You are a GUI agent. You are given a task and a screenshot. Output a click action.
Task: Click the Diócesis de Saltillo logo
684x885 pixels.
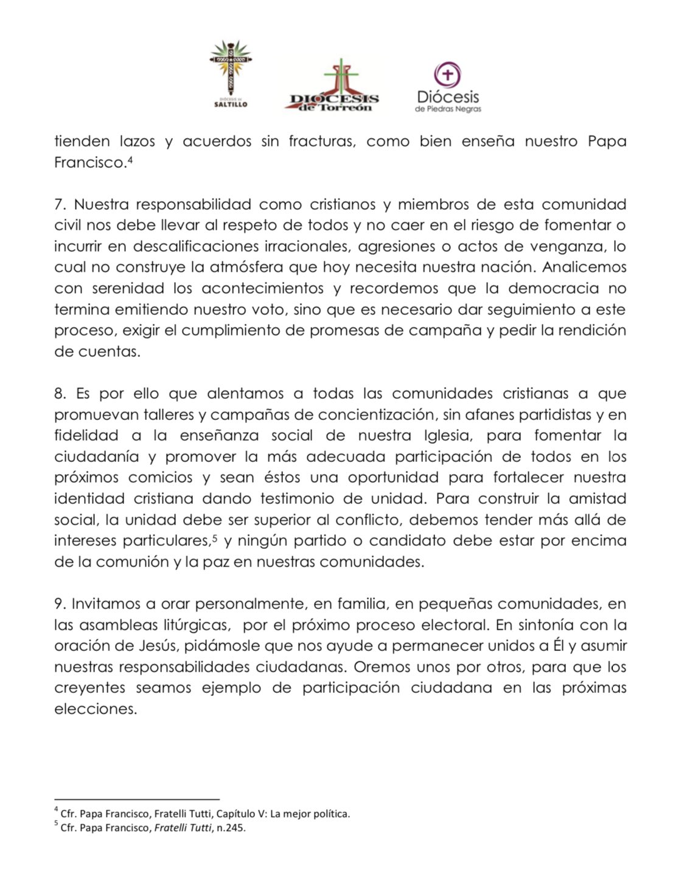231,74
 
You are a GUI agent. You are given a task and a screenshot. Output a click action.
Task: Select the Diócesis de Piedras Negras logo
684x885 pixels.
448,89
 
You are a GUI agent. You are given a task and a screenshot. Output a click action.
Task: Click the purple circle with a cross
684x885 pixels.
447,75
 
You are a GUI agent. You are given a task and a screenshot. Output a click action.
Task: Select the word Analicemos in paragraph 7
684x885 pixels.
584,267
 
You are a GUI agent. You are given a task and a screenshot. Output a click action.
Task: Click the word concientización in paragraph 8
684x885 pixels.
384,415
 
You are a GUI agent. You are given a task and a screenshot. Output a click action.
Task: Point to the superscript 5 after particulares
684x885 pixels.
214,537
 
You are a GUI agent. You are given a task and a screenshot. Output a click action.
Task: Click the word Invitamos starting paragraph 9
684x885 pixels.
105,604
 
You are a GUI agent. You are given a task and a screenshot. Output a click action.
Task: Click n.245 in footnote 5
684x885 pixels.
232,827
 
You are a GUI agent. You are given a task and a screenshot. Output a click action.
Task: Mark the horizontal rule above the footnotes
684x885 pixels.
136,800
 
